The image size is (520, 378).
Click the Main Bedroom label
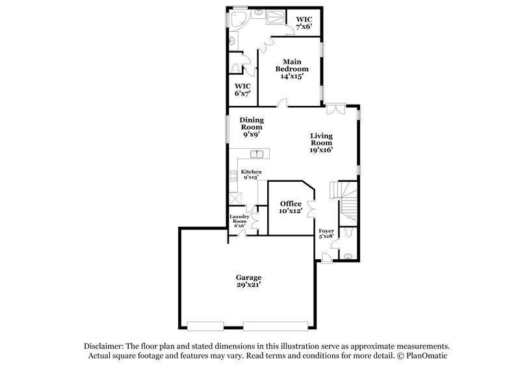pos(291,68)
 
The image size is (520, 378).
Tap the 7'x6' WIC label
pos(304,23)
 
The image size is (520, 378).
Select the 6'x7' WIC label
pos(242,90)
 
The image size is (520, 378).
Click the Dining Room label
pos(251,127)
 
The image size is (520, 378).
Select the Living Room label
pos(322,142)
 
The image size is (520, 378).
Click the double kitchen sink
pos(258,154)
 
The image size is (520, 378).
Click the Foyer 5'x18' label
pos(326,234)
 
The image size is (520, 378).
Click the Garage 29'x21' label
pos(249,281)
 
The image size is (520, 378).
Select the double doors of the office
pos(312,208)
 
